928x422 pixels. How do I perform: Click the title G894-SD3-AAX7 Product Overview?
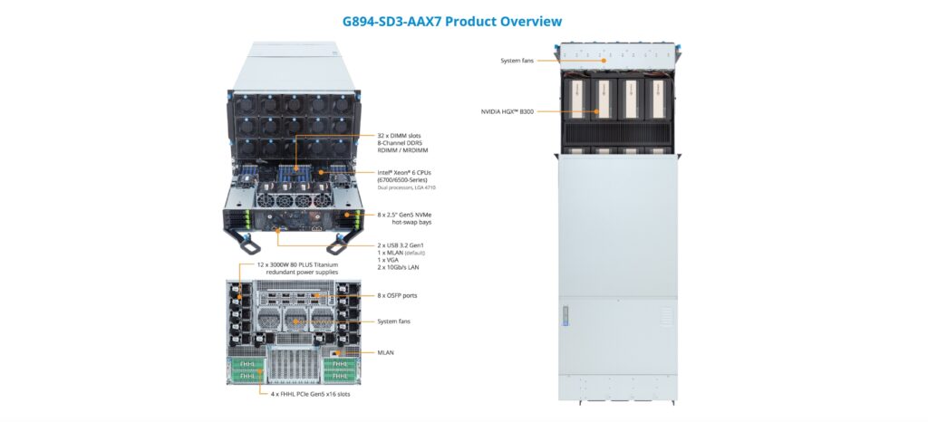click(x=451, y=21)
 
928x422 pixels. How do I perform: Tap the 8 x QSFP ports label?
click(x=397, y=295)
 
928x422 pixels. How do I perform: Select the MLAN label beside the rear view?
click(x=386, y=352)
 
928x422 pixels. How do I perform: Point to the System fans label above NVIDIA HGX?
click(x=517, y=61)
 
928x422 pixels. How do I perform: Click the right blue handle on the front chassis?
click(x=340, y=242)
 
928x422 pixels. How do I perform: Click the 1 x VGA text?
click(x=391, y=260)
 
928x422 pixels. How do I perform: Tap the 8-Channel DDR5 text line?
click(x=402, y=142)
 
